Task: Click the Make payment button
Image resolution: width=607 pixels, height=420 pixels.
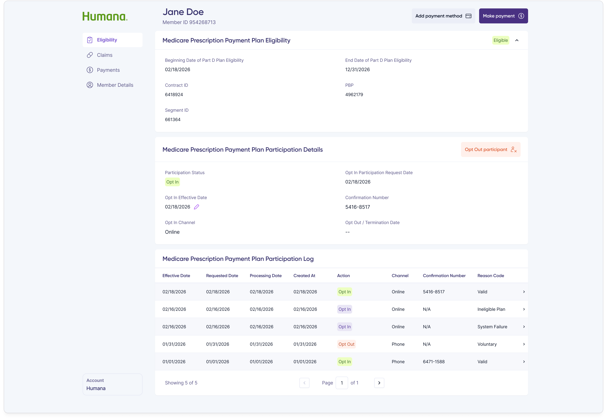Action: point(503,16)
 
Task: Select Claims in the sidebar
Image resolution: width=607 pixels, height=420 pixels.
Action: point(104,55)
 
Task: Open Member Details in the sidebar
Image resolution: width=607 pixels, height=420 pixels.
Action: point(115,85)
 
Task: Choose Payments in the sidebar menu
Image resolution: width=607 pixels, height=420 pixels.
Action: point(108,70)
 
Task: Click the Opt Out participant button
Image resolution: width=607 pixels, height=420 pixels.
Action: point(490,149)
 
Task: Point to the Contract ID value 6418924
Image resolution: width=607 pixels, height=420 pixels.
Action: point(174,94)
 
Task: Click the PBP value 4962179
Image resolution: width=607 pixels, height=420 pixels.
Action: point(354,94)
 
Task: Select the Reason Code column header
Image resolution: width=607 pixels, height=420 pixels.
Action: point(490,276)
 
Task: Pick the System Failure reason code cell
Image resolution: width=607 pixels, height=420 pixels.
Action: point(492,327)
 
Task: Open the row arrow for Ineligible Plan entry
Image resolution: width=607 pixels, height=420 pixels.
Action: point(524,309)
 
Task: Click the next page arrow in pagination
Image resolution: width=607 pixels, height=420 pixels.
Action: point(379,383)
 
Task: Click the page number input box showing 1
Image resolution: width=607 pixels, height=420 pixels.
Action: point(342,383)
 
